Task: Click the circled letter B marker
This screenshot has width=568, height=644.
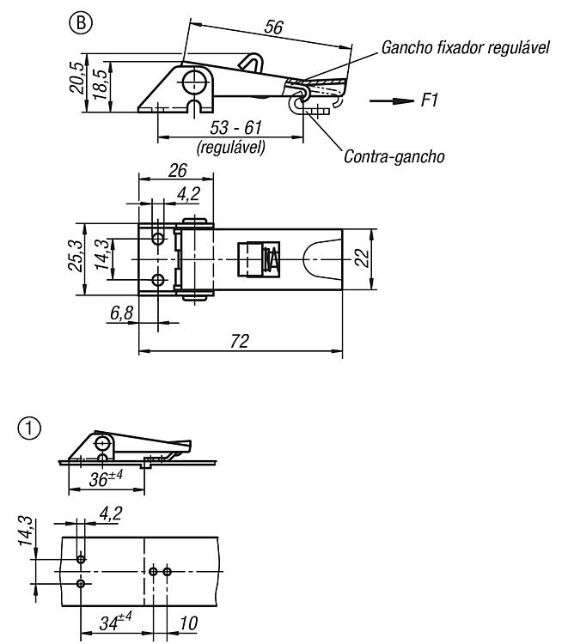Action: click(82, 23)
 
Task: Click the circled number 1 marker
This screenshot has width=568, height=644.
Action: click(29, 428)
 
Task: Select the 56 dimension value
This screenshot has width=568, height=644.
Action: click(274, 27)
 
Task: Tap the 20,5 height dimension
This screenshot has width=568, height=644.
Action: click(76, 78)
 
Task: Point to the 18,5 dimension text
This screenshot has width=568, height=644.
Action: click(100, 85)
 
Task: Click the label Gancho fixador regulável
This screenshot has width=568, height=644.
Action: click(465, 47)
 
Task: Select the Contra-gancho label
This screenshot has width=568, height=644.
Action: click(394, 156)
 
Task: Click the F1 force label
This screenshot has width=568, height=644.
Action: click(430, 100)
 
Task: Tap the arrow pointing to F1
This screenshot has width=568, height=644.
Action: click(392, 101)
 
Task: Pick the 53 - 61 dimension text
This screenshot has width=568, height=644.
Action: click(235, 127)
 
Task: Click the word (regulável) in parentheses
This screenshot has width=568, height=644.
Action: click(231, 147)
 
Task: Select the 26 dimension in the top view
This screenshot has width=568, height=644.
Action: click(178, 171)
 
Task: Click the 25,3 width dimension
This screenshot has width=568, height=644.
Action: click(76, 255)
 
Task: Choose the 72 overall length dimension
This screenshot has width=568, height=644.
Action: click(240, 341)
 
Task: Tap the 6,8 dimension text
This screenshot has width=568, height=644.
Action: click(122, 313)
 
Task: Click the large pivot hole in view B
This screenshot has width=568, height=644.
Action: click(194, 82)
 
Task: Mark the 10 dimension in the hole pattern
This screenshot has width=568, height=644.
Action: click(189, 623)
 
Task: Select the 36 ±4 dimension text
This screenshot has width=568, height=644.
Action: click(106, 478)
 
